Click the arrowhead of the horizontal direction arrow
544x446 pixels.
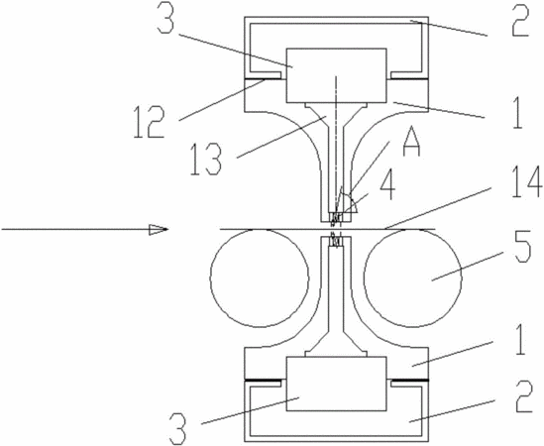pyautogui.click(x=159, y=229)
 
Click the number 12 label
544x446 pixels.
pyautogui.click(x=149, y=122)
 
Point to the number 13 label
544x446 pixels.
pyautogui.click(x=206, y=160)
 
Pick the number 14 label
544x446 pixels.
pyautogui.click(x=526, y=182)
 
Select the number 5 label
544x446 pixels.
pyautogui.click(x=522, y=248)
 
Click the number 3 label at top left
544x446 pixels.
pyautogui.click(x=165, y=17)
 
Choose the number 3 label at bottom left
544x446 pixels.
pyautogui.click(x=177, y=429)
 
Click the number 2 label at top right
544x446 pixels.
pyautogui.click(x=520, y=20)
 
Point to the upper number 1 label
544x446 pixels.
pyautogui.click(x=517, y=113)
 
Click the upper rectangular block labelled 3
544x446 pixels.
pyautogui.click(x=336, y=75)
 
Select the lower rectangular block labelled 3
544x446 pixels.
pyautogui.click(x=336, y=384)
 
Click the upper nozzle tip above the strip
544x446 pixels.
pyautogui.click(x=336, y=217)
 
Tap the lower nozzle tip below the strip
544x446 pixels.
pyautogui.click(x=336, y=242)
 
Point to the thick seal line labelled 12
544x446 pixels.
pyautogui.click(x=266, y=79)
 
